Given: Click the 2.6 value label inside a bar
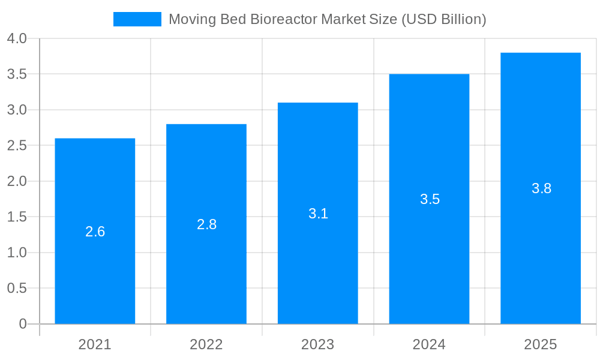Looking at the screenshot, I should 95,232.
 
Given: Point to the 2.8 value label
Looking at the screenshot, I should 206,224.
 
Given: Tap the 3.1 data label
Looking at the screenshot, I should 318,214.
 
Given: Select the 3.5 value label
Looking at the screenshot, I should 430,199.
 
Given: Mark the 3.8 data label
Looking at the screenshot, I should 541,188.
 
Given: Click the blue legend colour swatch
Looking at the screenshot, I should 137,19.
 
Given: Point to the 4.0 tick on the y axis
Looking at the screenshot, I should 17,39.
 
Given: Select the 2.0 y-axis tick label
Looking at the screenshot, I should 17,181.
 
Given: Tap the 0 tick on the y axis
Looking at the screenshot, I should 23,324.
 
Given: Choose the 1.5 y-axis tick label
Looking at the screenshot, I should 17,217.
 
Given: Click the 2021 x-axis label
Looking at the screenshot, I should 95,344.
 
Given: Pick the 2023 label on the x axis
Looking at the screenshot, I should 318,344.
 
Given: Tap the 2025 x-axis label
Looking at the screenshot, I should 541,344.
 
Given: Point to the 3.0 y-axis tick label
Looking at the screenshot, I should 17,110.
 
